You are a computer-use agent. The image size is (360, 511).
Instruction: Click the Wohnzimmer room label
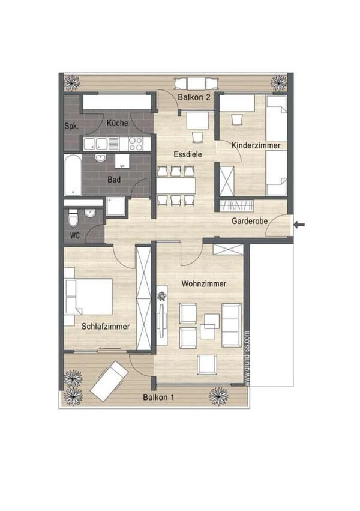(204, 283)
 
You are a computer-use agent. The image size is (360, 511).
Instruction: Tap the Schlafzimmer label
(106, 326)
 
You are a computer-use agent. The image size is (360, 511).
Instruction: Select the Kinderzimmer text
(256, 145)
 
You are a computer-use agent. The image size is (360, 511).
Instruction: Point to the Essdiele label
(188, 154)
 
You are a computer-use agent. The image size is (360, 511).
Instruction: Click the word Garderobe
(250, 221)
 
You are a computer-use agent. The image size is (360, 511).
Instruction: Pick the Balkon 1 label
(158, 398)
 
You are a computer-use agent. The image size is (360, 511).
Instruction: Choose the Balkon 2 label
(194, 97)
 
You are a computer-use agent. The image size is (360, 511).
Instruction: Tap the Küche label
(117, 123)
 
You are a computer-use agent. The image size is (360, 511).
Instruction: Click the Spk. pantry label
(71, 126)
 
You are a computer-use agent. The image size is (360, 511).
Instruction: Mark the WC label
(74, 235)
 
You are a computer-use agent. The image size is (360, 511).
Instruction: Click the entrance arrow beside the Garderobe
(299, 224)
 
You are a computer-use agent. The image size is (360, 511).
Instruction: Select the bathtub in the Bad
(73, 175)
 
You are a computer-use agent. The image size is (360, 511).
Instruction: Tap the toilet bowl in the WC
(73, 219)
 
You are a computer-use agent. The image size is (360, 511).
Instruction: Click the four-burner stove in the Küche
(136, 144)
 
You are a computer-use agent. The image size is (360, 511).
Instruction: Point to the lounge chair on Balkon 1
(109, 381)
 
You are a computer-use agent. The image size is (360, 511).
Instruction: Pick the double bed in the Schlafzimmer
(89, 296)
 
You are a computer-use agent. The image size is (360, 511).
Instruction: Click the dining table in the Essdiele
(176, 186)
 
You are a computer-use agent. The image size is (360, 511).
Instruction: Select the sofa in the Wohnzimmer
(232, 325)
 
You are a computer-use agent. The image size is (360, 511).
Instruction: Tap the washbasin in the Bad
(101, 158)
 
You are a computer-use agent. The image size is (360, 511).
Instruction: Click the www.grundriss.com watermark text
(247, 359)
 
